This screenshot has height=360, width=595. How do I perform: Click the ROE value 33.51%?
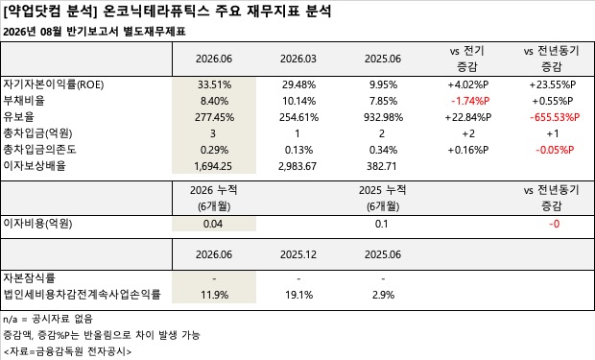coord(214,84)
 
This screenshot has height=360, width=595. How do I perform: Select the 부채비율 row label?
coord(24,101)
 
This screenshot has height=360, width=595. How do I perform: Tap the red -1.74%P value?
coord(470,101)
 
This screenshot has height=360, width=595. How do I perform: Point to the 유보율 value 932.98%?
coord(383,117)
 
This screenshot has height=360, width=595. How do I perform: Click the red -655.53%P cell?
coord(555,117)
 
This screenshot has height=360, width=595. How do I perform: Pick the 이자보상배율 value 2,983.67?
coord(297,166)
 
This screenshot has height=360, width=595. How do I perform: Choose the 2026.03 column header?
coord(298,59)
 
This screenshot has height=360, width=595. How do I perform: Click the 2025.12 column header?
coord(298,254)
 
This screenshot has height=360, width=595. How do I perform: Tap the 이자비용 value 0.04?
coord(213,224)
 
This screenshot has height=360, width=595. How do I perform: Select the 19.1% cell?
coord(299,295)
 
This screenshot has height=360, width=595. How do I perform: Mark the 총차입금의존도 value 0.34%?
coord(383,150)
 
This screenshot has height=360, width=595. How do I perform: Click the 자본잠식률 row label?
coord(29,278)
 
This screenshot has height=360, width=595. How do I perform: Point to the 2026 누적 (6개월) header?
coord(214,198)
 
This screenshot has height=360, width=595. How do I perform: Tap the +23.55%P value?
coord(553,84)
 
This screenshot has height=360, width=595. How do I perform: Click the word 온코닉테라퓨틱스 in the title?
coord(156,11)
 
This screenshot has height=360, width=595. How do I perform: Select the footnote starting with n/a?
coord(48,319)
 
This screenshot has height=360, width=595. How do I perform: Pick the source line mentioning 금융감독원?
coord(67,351)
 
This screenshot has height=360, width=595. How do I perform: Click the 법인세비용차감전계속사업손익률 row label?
coord(82,295)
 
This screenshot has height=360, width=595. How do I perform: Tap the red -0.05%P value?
coord(555,150)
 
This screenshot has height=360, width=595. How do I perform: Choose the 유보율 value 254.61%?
coord(299,117)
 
